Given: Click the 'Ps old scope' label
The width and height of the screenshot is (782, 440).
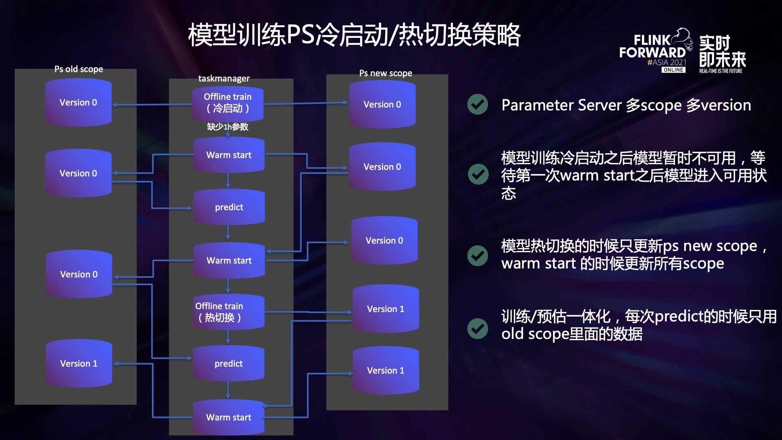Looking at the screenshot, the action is pyautogui.click(x=79, y=69).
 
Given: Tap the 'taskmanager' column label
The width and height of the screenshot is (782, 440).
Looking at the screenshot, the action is pyautogui.click(x=224, y=78).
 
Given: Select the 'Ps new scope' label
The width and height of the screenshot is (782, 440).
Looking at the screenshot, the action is pyautogui.click(x=386, y=73).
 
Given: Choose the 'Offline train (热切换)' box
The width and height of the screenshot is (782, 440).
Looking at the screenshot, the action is pyautogui.click(x=229, y=312).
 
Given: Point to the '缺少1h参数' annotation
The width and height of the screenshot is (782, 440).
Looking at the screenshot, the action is pyautogui.click(x=228, y=127).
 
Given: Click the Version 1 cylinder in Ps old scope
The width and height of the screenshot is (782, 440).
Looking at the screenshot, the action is pyautogui.click(x=79, y=363).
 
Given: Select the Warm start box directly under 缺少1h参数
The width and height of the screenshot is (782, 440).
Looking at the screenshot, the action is pyautogui.click(x=229, y=155).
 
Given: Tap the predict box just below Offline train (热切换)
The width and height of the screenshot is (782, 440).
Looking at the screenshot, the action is pyautogui.click(x=228, y=363).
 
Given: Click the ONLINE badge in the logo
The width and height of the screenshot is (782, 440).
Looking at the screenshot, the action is pyautogui.click(x=673, y=70).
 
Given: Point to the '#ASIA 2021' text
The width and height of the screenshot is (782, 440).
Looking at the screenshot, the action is pyautogui.click(x=667, y=62).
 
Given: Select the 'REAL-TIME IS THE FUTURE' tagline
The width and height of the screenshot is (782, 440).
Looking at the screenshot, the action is pyautogui.click(x=721, y=71).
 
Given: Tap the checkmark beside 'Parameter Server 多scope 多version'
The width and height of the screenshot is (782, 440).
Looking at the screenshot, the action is pyautogui.click(x=478, y=104).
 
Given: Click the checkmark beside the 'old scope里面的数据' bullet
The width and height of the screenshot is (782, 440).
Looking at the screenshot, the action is pyautogui.click(x=478, y=329).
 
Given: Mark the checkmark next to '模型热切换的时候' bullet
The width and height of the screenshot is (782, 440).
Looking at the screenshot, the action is pyautogui.click(x=478, y=256).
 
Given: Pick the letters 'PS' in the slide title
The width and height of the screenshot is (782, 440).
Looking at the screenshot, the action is pyautogui.click(x=301, y=35).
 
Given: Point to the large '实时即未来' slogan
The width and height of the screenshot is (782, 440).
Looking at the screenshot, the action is pyautogui.click(x=723, y=51).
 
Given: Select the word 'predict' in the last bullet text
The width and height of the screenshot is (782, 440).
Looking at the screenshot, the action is pyautogui.click(x=678, y=317).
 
